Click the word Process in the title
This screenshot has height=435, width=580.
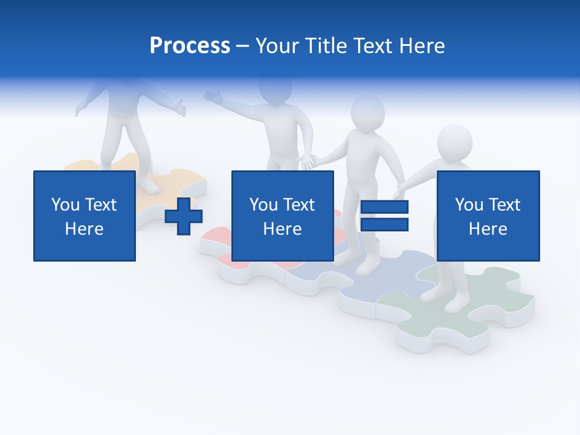click(x=190, y=46)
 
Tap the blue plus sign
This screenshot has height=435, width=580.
click(x=184, y=216)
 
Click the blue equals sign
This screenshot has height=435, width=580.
click(x=384, y=216)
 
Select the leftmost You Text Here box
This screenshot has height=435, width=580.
click(x=85, y=216)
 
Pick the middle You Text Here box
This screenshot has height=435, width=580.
click(x=282, y=216)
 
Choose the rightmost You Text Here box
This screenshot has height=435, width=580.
click(x=488, y=216)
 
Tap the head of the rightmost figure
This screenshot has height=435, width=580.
click(x=454, y=143)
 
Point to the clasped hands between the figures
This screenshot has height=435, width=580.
click(x=309, y=161)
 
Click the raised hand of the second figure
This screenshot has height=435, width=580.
click(x=213, y=95)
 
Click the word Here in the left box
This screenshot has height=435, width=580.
click(x=85, y=229)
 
